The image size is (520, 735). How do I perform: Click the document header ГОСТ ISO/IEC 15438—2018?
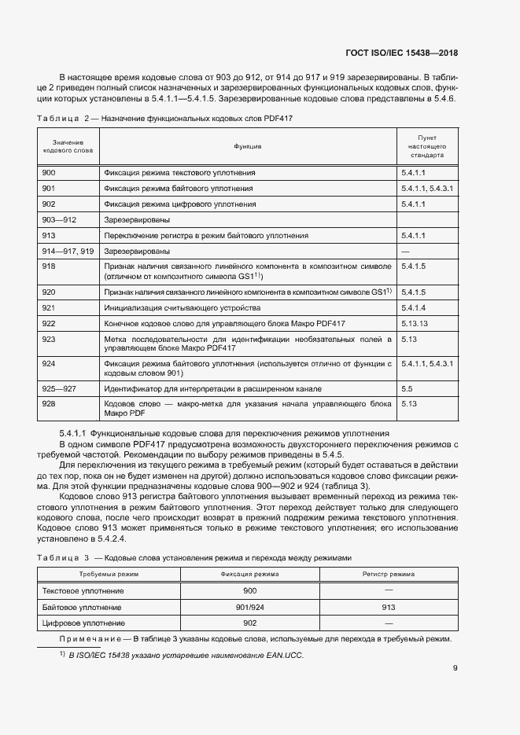[x=401, y=53]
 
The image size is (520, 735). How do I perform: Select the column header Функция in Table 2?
[x=247, y=146]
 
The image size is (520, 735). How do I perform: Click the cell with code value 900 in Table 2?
[x=49, y=172]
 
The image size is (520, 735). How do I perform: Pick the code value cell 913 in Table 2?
[x=49, y=236]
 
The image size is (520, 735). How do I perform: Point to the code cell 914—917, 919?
[x=68, y=252]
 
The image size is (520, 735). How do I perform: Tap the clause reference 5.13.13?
[x=415, y=323]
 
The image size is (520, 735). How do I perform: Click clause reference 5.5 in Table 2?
[x=407, y=389]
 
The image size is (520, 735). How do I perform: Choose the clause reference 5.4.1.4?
[x=413, y=307]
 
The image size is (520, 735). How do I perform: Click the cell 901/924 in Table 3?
[x=250, y=608]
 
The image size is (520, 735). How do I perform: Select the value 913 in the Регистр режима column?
[x=388, y=608]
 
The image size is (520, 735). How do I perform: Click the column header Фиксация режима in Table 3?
[x=250, y=575]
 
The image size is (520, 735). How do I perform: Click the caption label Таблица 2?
[x=61, y=118]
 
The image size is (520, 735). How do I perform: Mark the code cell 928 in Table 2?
[x=49, y=404]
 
